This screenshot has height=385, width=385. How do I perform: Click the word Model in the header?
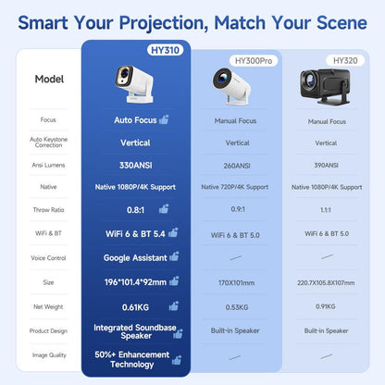click(48, 79)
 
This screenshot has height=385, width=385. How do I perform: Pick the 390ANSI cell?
click(326, 166)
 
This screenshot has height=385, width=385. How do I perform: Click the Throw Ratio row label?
click(48, 210)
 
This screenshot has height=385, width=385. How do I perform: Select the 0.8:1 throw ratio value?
click(130, 210)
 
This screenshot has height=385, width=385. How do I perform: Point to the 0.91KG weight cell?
click(326, 305)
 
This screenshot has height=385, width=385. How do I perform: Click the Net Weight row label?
click(48, 305)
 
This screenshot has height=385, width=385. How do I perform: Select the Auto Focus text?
click(135, 119)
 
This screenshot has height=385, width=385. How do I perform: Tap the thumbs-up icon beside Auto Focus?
click(164, 119)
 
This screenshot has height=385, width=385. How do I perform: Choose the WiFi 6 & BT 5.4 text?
click(129, 234)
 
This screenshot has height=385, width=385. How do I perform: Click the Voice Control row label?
click(48, 257)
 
